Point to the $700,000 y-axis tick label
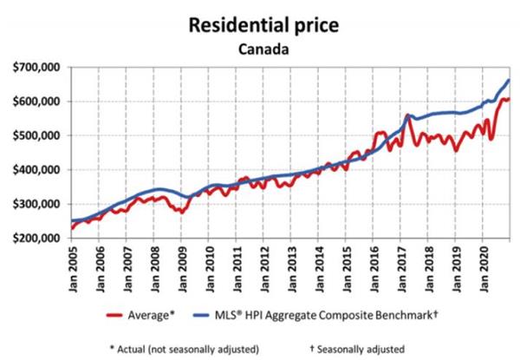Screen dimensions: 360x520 coord(35,68)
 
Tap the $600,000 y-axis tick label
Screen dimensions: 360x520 coord(35,101)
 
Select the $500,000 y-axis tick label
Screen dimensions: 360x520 coord(35,136)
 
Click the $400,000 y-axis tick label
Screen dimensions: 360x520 coord(35,170)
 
